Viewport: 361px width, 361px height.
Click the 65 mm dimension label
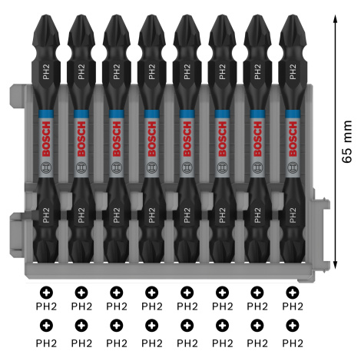(x=347, y=141)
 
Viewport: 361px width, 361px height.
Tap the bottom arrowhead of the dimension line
(x=336, y=264)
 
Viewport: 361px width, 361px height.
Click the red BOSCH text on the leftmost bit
(x=46, y=139)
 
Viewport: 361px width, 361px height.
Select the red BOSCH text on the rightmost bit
(x=293, y=139)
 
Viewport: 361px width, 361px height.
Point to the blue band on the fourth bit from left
(x=152, y=114)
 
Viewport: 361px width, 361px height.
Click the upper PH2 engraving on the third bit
(x=117, y=71)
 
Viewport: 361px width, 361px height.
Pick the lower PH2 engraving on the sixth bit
(x=222, y=215)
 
